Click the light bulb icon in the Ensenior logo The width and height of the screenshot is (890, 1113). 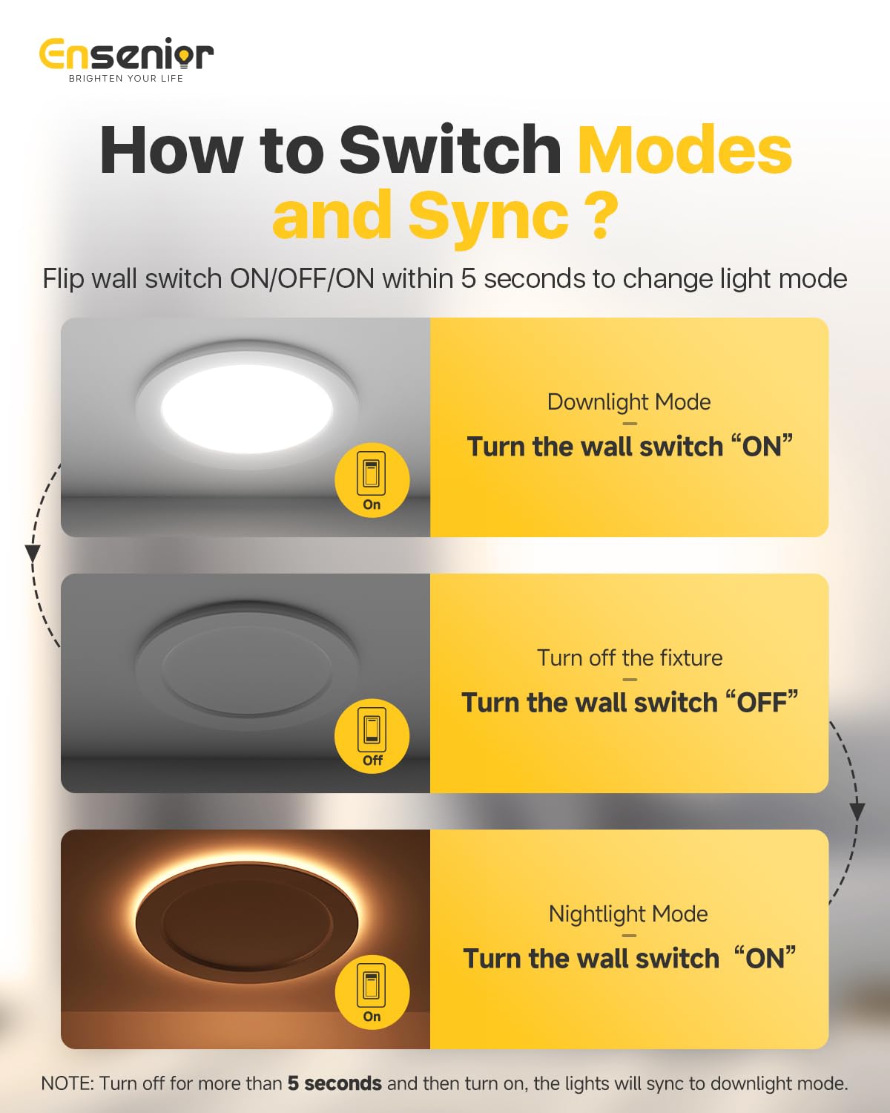182,56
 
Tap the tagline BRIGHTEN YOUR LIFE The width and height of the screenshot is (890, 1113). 126,79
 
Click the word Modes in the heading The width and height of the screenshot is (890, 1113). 685,151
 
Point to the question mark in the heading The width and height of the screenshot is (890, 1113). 600,214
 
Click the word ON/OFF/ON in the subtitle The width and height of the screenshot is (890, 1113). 302,279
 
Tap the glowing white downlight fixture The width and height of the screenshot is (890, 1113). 247,404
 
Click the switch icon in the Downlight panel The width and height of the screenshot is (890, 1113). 372,473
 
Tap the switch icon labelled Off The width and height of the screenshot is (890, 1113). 372,729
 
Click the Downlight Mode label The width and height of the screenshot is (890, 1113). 629,402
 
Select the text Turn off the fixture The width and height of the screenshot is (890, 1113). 630,658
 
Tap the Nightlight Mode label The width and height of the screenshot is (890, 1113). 628,914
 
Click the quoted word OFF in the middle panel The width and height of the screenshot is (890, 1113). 762,703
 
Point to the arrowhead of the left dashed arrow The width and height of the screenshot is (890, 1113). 33,554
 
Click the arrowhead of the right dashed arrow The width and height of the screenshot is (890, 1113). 857,812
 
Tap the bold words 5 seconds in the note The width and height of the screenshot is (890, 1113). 334,1083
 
